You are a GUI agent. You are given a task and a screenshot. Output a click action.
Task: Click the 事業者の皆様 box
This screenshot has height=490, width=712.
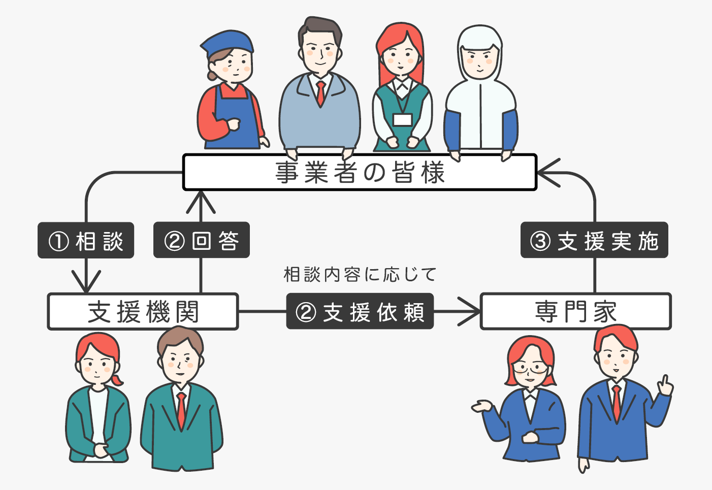click(x=360, y=173)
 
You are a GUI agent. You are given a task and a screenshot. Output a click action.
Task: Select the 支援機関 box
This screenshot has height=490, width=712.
click(x=143, y=312)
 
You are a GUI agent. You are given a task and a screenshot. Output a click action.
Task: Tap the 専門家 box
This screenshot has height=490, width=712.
click(x=575, y=311)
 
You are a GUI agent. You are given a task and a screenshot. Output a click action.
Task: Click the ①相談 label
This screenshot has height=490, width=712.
click(x=86, y=241)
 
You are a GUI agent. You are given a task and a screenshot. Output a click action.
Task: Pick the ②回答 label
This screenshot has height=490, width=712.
click(x=201, y=240)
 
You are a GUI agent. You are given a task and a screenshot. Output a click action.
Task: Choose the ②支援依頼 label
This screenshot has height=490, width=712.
click(x=360, y=311)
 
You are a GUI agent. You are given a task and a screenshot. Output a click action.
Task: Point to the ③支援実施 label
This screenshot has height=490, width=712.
click(x=594, y=240)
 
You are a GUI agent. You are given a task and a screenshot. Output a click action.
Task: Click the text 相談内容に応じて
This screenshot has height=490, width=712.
click(x=360, y=275)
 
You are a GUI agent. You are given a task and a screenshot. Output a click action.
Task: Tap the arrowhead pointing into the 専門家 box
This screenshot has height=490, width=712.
click(x=471, y=311)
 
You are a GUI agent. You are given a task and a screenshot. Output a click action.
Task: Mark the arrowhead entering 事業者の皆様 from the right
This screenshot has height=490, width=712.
click(x=546, y=173)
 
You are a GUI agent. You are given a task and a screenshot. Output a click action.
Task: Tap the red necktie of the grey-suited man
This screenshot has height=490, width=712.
click(x=320, y=93)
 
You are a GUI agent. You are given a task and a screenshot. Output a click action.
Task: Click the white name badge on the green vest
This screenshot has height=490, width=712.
click(x=402, y=120)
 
